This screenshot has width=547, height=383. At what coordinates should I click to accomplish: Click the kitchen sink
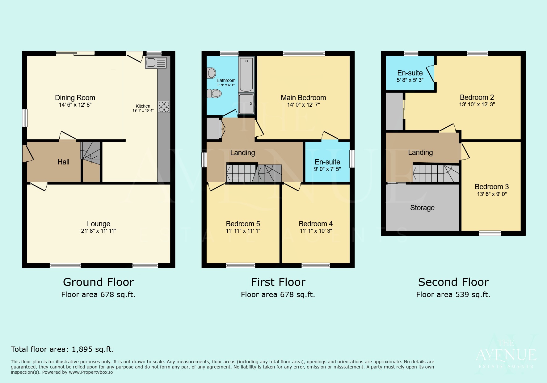(x=156, y=63)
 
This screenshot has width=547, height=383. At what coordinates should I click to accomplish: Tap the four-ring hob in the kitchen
(x=164, y=107)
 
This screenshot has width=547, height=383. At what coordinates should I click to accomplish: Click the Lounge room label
(x=99, y=224)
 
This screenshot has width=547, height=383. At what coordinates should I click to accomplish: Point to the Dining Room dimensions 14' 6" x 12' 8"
(x=75, y=105)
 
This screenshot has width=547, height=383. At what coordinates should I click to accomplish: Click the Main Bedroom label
(x=303, y=98)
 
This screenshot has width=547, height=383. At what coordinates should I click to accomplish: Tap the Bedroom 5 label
(x=243, y=224)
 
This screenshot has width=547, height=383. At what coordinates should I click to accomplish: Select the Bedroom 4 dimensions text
(x=316, y=231)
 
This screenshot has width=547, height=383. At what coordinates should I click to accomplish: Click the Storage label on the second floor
(x=422, y=208)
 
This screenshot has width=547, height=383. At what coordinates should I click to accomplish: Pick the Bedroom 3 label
(x=492, y=187)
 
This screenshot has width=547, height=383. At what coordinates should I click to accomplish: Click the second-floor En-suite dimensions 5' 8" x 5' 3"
(x=410, y=80)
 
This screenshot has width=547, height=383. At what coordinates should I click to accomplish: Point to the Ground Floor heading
(x=98, y=282)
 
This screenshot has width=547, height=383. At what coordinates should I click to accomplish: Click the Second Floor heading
(x=453, y=282)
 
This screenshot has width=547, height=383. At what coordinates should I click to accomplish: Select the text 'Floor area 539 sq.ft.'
(x=453, y=295)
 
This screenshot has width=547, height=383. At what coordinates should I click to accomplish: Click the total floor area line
(x=62, y=349)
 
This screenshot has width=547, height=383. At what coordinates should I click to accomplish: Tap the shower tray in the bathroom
(x=246, y=104)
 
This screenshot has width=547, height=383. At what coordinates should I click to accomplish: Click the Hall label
(x=63, y=162)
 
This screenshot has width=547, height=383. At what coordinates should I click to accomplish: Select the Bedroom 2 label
(x=477, y=97)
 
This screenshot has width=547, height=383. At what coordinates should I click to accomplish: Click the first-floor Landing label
(x=242, y=153)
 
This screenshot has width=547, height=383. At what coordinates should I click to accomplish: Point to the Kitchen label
(x=143, y=106)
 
